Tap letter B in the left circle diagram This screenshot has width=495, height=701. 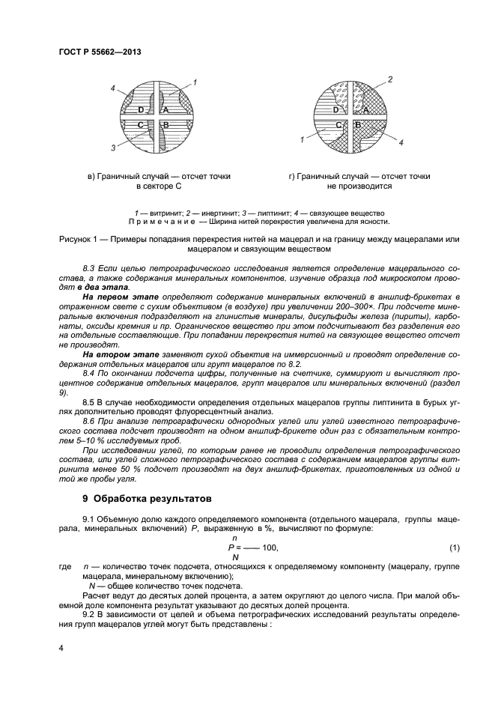(165, 124)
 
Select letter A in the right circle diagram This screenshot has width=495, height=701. (365, 109)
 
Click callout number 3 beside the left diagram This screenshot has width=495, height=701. (114, 148)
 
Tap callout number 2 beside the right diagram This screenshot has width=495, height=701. (390, 79)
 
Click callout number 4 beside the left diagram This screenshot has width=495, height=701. (113, 88)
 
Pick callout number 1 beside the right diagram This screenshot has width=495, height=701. (302, 139)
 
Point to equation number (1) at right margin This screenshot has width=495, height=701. (453, 547)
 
